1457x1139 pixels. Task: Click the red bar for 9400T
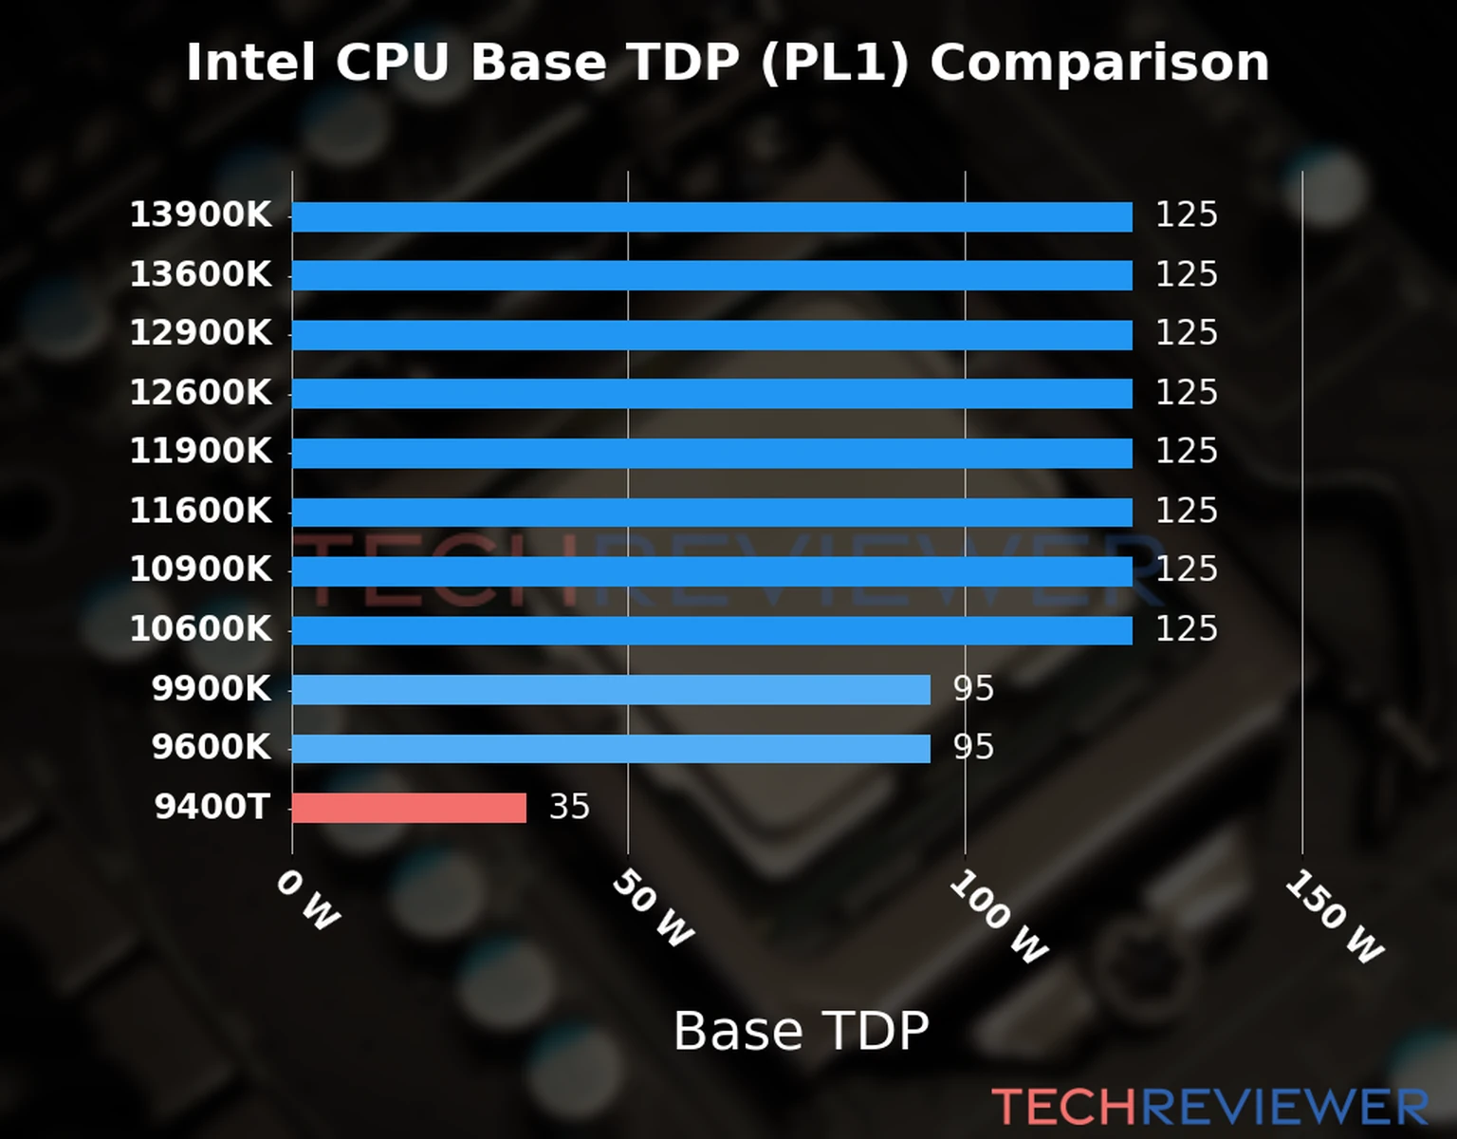click(409, 808)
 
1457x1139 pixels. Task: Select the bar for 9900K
click(611, 689)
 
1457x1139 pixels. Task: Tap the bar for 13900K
click(711, 216)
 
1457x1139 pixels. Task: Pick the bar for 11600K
click(711, 513)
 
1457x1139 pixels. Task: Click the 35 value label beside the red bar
click(569, 807)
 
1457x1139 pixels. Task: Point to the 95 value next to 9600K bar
click(973, 748)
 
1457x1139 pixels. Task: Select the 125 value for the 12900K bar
click(1186, 333)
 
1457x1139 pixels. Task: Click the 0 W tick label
click(306, 900)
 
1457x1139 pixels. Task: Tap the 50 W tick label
click(652, 908)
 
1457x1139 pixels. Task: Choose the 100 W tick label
click(998, 917)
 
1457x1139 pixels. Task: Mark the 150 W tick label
click(1334, 917)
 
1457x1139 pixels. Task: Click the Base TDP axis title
click(801, 1031)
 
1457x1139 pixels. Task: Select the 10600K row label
click(200, 629)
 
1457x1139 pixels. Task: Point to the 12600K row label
click(200, 393)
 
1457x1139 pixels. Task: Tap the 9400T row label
click(212, 807)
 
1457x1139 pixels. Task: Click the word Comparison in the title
click(1098, 64)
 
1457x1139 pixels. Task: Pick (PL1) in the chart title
click(835, 64)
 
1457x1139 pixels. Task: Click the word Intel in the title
click(250, 64)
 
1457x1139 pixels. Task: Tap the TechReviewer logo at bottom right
click(1209, 1107)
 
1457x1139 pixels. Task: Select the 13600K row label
click(200, 275)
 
